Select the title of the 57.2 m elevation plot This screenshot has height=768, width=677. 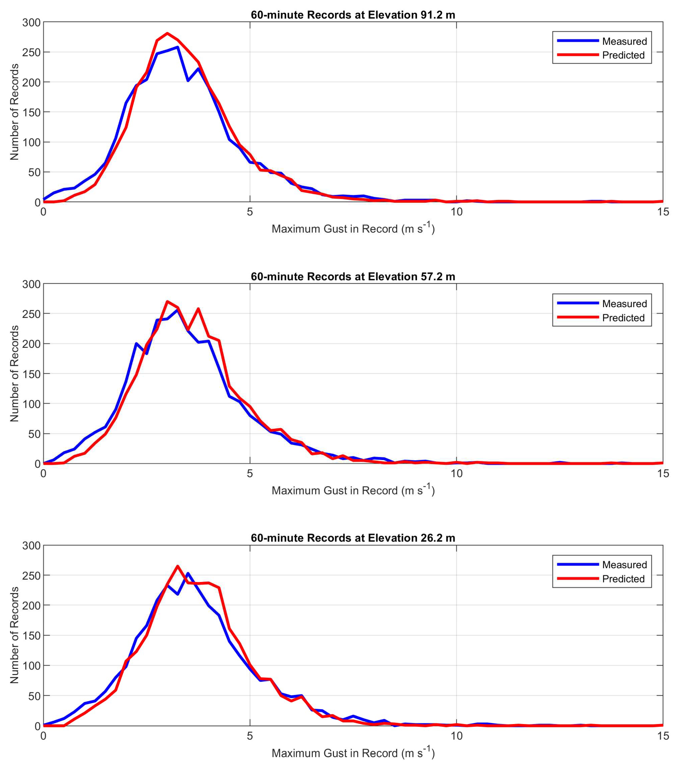pos(353,277)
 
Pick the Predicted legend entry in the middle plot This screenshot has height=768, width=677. pos(623,318)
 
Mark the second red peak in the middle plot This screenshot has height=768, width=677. pos(198,309)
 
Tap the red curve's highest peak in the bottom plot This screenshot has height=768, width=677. pos(178,566)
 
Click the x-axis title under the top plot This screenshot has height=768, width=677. pos(353,228)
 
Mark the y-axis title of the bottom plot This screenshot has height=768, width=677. pos(14,635)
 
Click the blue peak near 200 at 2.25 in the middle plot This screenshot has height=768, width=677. pos(136,343)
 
